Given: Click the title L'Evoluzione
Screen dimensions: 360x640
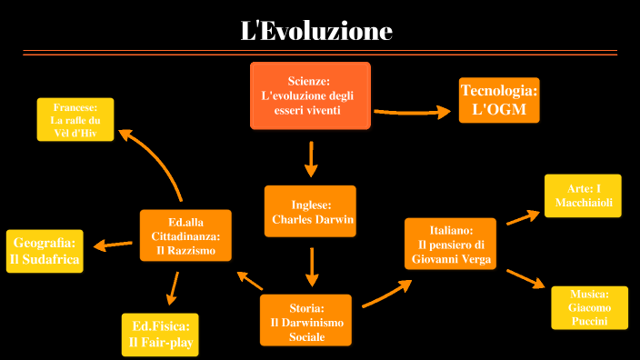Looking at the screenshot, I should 315,31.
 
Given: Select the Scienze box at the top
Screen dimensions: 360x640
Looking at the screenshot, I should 310,95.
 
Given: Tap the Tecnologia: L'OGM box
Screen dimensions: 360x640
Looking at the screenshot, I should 498,100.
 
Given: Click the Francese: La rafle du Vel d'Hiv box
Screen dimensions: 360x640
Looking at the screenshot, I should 75,119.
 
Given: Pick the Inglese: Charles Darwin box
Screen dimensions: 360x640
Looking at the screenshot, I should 310,212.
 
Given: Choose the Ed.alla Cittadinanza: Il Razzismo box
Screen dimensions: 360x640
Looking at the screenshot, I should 185,235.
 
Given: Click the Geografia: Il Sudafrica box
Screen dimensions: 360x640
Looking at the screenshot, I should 45,251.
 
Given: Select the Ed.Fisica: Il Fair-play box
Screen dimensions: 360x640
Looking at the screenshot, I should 160,335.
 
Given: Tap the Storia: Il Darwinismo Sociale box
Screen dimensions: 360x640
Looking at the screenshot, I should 305,319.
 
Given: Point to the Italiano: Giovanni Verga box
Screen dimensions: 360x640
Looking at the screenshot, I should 451,244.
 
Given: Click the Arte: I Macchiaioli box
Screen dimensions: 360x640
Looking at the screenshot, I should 583,195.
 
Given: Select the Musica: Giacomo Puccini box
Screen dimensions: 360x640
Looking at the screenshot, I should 589,307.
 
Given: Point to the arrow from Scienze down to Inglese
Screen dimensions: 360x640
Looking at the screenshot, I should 312,158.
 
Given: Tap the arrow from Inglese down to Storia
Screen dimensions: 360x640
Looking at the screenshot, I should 312,266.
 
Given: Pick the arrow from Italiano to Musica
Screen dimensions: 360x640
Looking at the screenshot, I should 525,277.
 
